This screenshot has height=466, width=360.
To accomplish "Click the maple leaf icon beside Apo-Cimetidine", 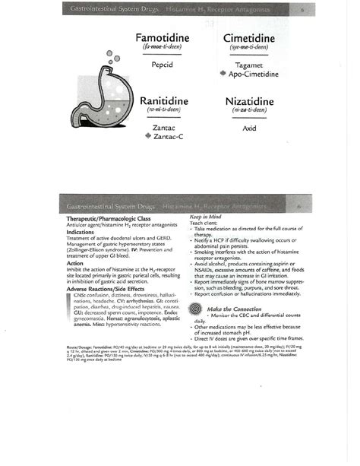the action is click(223, 74).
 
